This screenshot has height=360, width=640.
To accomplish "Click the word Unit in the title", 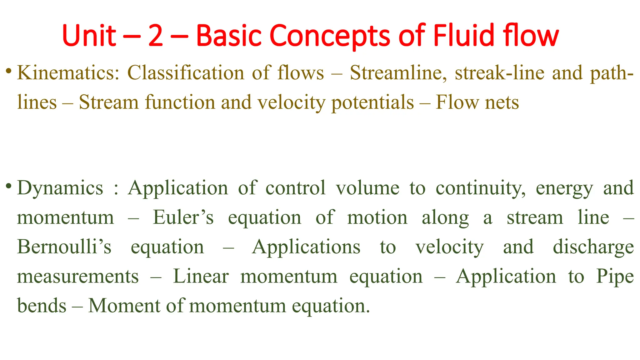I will click(89, 36).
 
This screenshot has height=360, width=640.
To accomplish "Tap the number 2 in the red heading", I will click(156, 36).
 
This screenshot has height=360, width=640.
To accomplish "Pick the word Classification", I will click(186, 73).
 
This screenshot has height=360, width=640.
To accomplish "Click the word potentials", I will click(372, 102).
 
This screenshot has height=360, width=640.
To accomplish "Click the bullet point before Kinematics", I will click(9, 72).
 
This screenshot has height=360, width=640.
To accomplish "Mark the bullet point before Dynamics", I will click(9, 187).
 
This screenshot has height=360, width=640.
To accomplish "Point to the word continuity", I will click(481, 188).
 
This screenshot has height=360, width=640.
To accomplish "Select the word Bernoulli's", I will click(64, 247).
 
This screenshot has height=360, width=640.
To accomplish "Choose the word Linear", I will click(201, 276).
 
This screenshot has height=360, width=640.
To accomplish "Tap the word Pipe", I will click(615, 277).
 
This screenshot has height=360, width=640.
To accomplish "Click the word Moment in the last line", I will click(124, 306).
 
